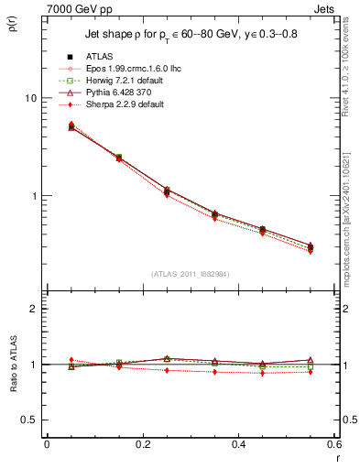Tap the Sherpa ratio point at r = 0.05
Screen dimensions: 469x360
pos(71,360)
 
